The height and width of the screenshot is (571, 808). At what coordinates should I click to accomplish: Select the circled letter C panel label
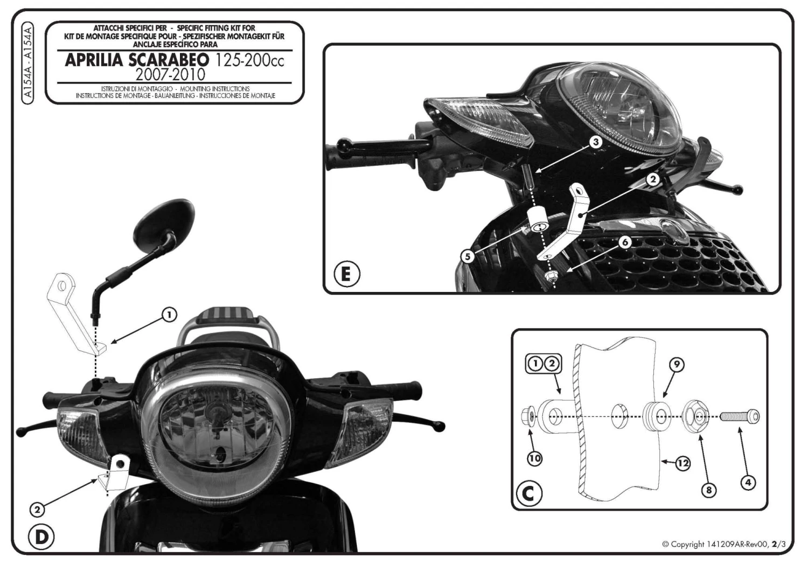pyautogui.click(x=530, y=492)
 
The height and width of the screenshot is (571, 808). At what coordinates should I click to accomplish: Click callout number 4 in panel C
pyautogui.click(x=747, y=483)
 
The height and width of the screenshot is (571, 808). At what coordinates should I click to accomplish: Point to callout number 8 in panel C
pyautogui.click(x=709, y=490)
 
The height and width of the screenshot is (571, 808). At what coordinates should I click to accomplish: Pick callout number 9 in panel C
pyautogui.click(x=677, y=365)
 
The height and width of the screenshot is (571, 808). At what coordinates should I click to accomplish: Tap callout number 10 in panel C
pyautogui.click(x=534, y=458)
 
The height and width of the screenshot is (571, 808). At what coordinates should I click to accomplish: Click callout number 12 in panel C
pyautogui.click(x=682, y=462)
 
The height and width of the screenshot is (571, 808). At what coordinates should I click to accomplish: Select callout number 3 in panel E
pyautogui.click(x=595, y=142)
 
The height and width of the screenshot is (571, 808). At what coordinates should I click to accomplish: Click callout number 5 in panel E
pyautogui.click(x=468, y=256)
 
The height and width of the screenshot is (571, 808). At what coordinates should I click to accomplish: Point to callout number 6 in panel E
pyautogui.click(x=625, y=242)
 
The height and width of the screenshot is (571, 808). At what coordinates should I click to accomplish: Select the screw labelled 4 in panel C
pyautogui.click(x=740, y=416)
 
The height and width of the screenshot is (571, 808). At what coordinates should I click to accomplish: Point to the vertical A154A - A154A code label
pyautogui.click(x=29, y=61)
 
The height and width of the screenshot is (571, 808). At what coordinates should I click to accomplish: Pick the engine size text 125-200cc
pyautogui.click(x=249, y=60)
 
